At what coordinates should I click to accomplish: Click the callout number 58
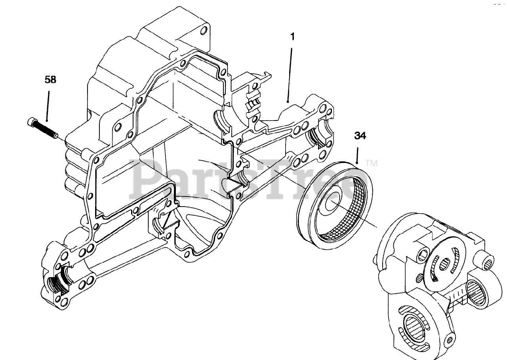tap(50, 80)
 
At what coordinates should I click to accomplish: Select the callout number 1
tap(292, 37)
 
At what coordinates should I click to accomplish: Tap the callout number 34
tap(360, 136)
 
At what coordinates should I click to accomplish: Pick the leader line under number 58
tap(48, 105)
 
